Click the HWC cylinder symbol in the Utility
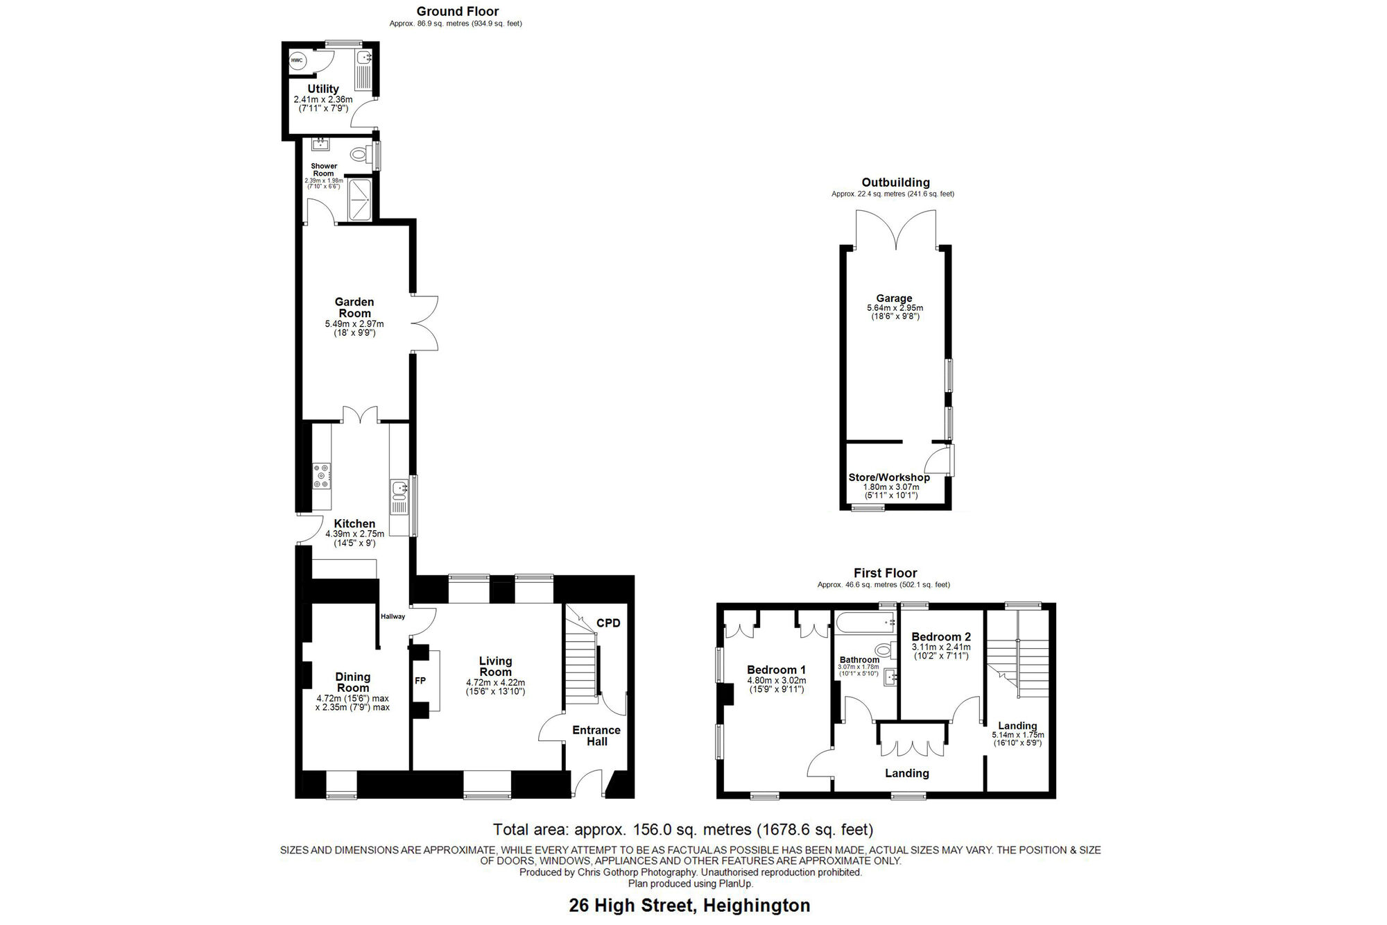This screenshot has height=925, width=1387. click(x=297, y=60)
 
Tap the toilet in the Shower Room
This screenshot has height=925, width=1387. click(x=360, y=154)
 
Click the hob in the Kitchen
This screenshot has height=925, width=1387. click(x=322, y=476)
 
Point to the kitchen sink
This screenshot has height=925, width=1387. click(x=399, y=490)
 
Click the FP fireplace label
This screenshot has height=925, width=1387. click(x=420, y=681)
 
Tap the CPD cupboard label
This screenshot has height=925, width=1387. click(x=608, y=623)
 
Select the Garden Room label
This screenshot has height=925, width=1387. click(x=354, y=307)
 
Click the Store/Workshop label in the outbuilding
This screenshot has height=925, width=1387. click(x=889, y=477)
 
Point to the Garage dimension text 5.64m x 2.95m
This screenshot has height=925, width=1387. click(x=895, y=308)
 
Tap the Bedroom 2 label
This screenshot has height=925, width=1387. click(x=941, y=636)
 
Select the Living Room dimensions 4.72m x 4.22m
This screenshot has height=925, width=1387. click(x=495, y=683)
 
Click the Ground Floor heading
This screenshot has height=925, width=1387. click(x=458, y=11)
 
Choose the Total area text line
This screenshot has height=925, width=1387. click(x=683, y=829)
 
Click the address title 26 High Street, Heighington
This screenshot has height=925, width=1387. click(x=689, y=906)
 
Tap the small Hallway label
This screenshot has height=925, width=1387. click(x=393, y=616)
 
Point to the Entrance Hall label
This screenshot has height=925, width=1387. click(x=596, y=736)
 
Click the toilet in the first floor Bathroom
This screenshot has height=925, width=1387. click(x=884, y=650)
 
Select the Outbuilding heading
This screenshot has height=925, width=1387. click(x=895, y=183)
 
